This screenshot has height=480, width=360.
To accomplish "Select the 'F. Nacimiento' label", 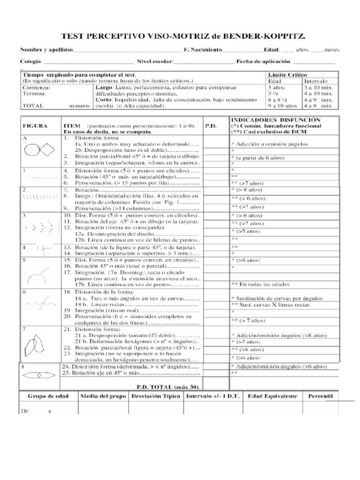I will pyautogui.click(x=202, y=50).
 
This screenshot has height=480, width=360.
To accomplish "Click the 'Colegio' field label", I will pyautogui.click(x=30, y=61).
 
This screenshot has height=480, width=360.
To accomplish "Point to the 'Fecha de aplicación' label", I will pyautogui.click(x=263, y=61).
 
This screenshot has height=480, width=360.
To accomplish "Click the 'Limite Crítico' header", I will pyautogui.click(x=285, y=75).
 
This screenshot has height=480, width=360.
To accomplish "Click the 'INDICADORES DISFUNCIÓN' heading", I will pyautogui.click(x=278, y=120).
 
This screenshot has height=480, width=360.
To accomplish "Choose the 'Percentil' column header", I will pyautogui.click(x=320, y=396).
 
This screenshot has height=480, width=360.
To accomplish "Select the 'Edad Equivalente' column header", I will pyautogui.click(x=272, y=396).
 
